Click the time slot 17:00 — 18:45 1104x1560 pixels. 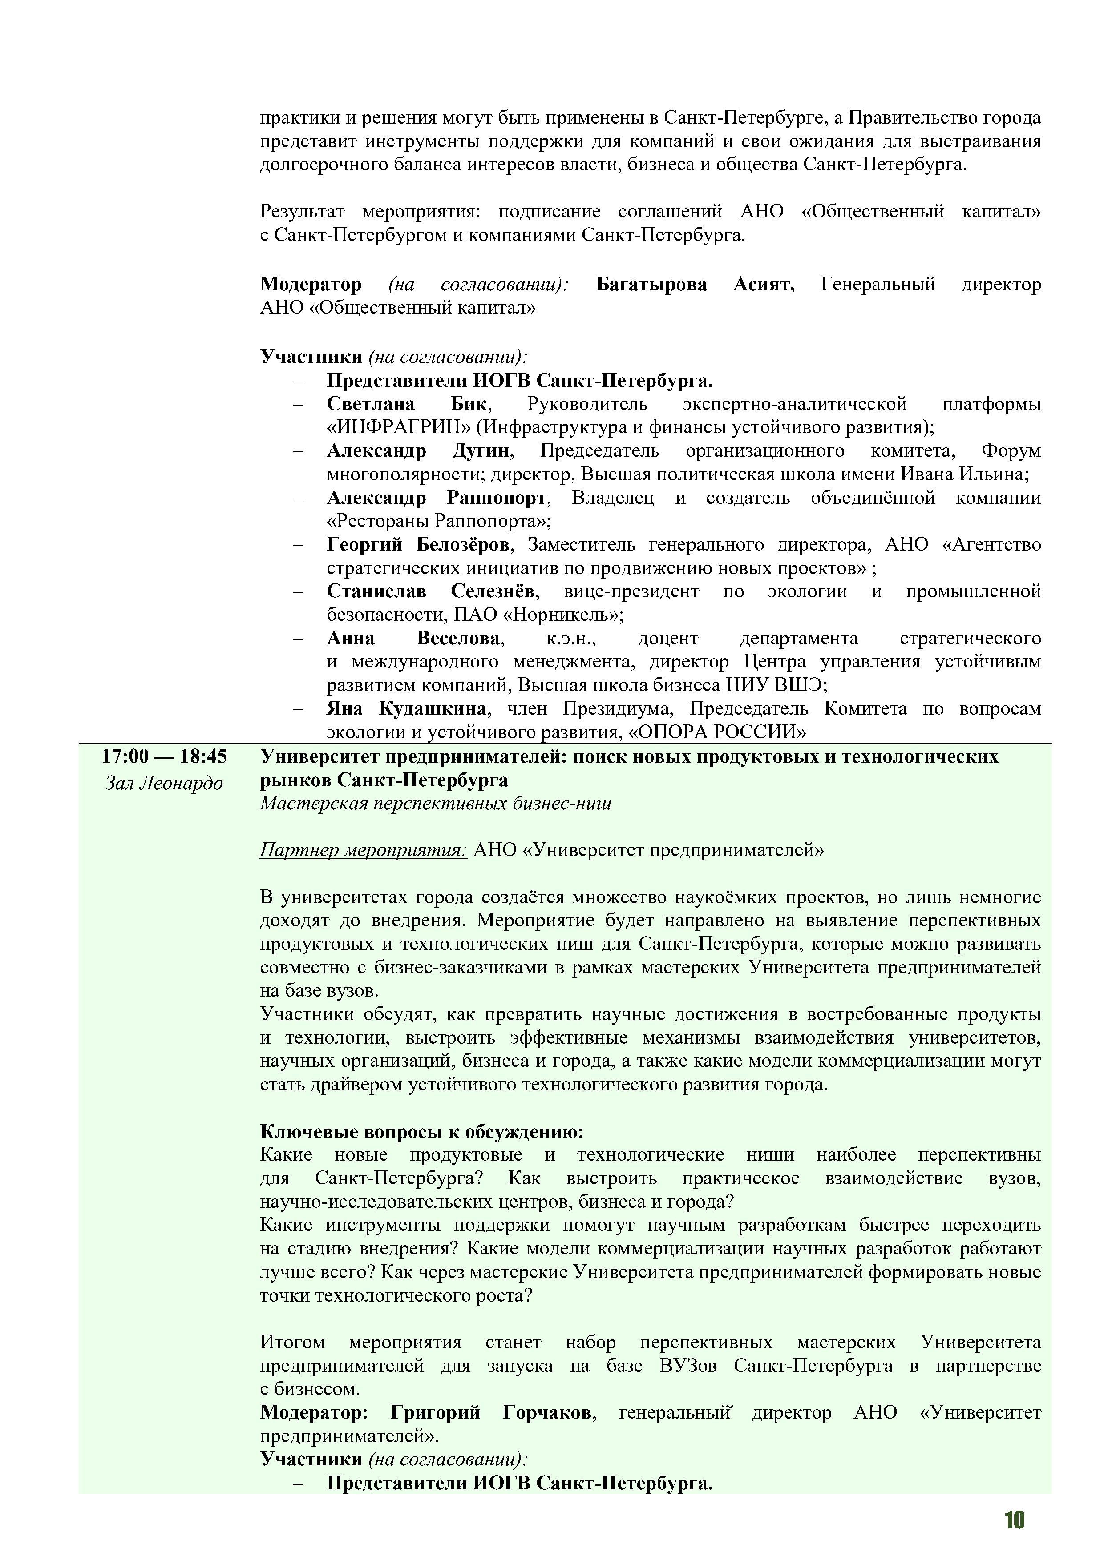[x=165, y=756]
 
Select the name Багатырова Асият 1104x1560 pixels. [x=695, y=284]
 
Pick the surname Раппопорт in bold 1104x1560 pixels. [x=496, y=498]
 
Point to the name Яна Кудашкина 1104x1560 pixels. [x=407, y=709]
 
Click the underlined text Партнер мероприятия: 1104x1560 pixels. [x=363, y=850]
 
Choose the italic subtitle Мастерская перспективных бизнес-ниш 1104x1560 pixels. [x=435, y=804]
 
